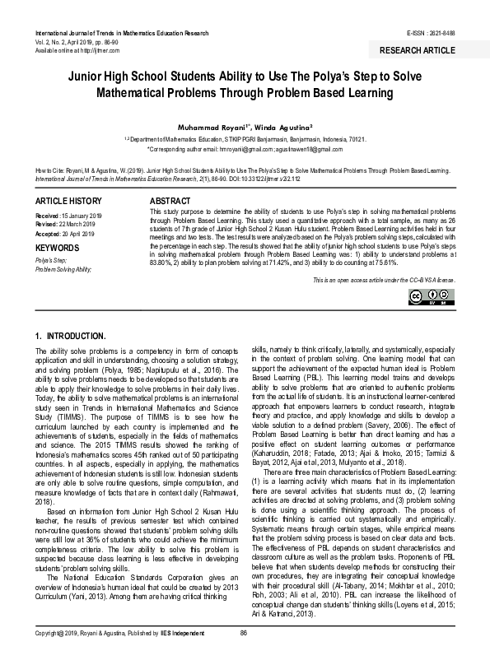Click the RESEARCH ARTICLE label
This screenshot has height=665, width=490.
[x=417, y=50]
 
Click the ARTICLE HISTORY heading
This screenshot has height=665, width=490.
[x=69, y=201]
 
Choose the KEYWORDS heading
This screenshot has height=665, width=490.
[x=57, y=246]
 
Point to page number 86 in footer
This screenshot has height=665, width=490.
[x=243, y=654]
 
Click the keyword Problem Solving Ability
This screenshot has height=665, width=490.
[x=63, y=268]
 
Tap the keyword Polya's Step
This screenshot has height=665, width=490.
[x=54, y=259]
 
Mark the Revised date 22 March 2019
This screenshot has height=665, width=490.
[x=81, y=224]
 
